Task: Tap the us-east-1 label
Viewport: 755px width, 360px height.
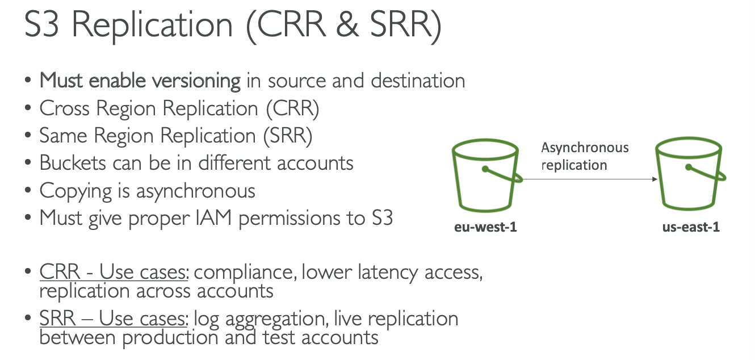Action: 691,228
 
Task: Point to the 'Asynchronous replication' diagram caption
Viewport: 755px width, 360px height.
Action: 584,156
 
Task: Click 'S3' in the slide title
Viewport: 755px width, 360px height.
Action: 41,27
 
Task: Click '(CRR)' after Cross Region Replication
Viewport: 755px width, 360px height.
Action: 292,108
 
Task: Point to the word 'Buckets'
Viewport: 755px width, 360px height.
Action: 73,163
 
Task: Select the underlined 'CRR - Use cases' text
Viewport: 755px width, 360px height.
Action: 114,273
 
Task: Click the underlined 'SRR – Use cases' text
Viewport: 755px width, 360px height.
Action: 114,319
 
